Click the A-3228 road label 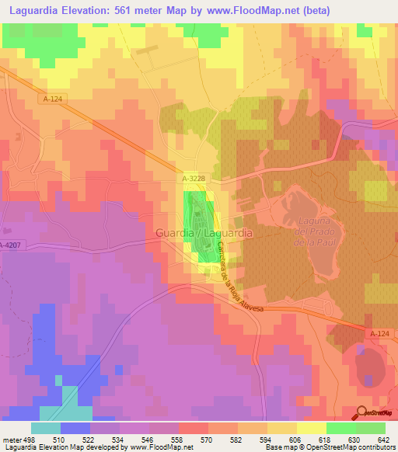pos(195,179)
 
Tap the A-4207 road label pos(11,245)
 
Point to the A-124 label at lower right pos(379,333)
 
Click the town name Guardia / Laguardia pos(204,232)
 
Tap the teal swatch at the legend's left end pos(46,428)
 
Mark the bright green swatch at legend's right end pos(370,428)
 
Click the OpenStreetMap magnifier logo pos(362,412)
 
